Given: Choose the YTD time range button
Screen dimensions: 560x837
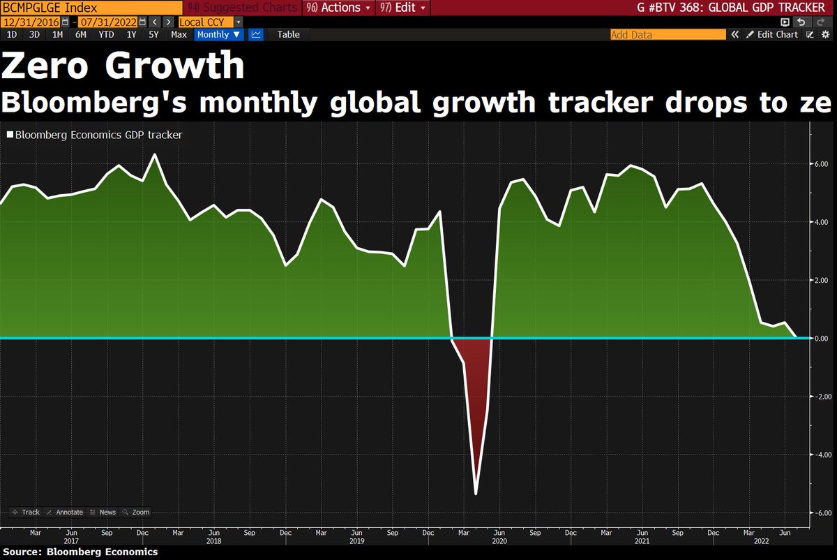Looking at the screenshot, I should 106,34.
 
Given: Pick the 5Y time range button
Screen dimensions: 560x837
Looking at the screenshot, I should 153,34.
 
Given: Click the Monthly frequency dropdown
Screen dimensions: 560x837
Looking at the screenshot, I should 218,34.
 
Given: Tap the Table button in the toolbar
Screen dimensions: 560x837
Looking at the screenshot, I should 288,34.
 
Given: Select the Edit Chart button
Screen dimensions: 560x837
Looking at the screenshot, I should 772,34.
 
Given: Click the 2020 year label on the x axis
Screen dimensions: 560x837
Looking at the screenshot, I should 499,540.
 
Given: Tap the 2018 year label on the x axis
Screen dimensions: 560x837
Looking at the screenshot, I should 214,540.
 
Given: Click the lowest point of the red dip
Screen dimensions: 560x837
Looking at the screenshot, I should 476,494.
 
